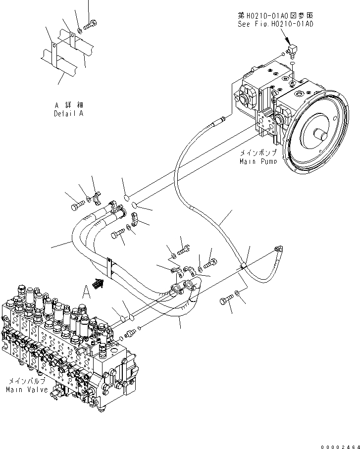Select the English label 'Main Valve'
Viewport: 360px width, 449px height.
pos(27,390)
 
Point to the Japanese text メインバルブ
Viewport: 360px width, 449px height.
pos(28,382)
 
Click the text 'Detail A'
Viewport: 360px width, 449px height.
pos(69,114)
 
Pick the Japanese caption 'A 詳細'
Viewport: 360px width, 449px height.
pos(69,106)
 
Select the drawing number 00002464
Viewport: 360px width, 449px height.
pos(341,445)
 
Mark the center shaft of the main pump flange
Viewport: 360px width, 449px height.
pos(321,134)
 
